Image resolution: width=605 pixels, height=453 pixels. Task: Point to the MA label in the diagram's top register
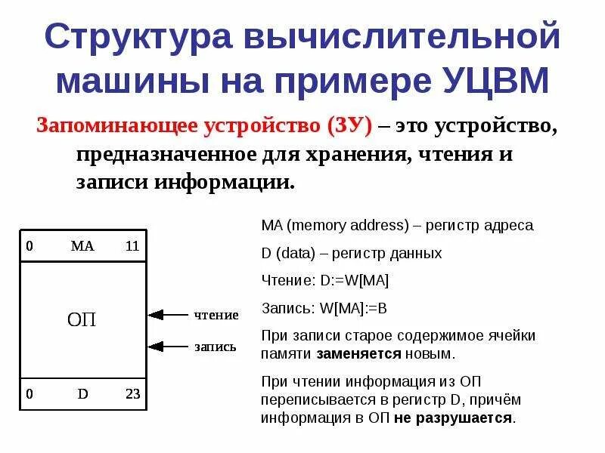pyautogui.click(x=82, y=246)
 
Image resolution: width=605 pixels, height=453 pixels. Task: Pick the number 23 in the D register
pyautogui.click(x=133, y=393)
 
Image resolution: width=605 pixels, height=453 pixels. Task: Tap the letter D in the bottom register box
pyautogui.click(x=82, y=393)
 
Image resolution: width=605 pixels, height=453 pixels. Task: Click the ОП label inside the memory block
pyautogui.click(x=82, y=319)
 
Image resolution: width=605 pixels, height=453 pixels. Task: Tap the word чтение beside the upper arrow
pyautogui.click(x=216, y=315)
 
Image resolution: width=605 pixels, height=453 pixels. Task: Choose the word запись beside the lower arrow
pyautogui.click(x=216, y=347)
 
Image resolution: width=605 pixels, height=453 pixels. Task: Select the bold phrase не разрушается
pyautogui.click(x=453, y=417)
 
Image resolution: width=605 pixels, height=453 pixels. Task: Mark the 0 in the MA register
pyautogui.click(x=29, y=246)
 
